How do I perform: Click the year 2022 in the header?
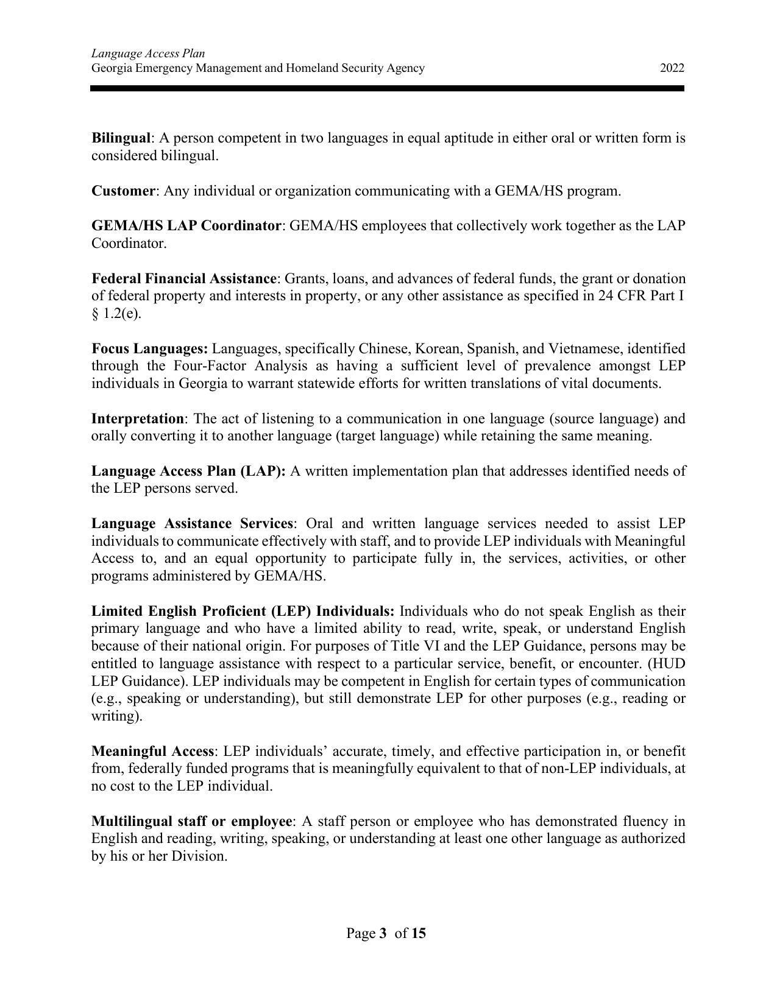click(x=672, y=68)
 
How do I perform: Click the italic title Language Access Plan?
click(x=148, y=54)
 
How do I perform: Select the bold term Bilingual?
click(x=121, y=138)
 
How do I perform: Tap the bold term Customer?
click(x=123, y=191)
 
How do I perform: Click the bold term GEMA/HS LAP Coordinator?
click(x=186, y=226)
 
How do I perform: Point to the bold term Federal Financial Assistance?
click(x=183, y=279)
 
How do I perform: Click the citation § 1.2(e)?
click(x=116, y=314)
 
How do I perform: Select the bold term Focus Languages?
click(x=149, y=349)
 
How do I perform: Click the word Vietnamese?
click(x=583, y=349)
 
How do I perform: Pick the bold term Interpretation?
click(x=137, y=419)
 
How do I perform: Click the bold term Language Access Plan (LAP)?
click(x=188, y=471)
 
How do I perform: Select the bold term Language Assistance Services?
click(x=192, y=524)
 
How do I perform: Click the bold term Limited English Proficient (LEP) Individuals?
click(x=243, y=612)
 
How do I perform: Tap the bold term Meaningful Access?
click(x=152, y=752)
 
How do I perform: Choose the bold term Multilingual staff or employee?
click(x=191, y=822)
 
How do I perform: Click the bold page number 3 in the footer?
click(x=383, y=933)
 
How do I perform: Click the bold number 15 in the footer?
click(x=419, y=933)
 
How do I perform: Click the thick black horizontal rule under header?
click(x=388, y=89)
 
